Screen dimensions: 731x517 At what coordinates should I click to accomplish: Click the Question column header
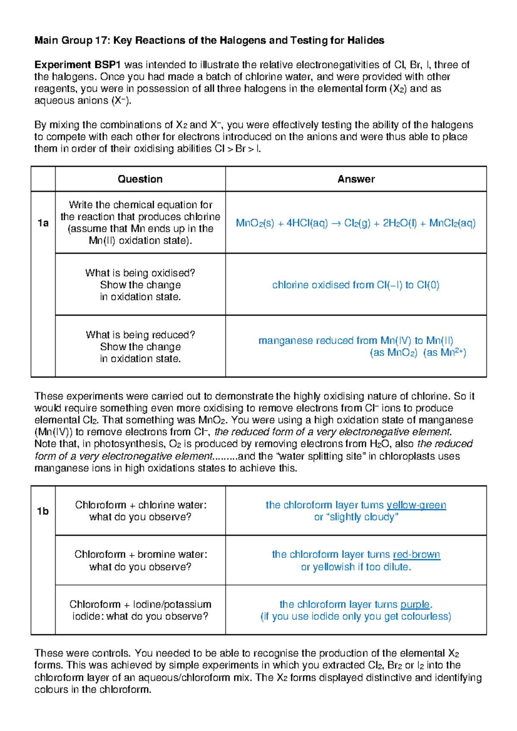click(x=140, y=179)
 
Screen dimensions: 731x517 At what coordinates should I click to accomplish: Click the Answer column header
click(x=356, y=179)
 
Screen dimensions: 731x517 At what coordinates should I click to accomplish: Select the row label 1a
click(x=43, y=223)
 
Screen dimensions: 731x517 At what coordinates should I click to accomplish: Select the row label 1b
click(x=43, y=511)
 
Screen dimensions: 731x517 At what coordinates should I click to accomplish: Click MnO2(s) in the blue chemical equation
click(x=255, y=223)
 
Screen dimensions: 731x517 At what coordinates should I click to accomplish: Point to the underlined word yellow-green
click(x=416, y=505)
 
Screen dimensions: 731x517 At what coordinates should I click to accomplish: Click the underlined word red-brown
click(x=416, y=554)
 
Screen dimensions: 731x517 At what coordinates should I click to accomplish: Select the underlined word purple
click(x=415, y=604)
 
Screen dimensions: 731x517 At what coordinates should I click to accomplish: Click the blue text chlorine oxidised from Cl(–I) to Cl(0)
click(x=355, y=285)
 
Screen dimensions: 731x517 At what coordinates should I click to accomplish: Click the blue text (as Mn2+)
click(x=444, y=353)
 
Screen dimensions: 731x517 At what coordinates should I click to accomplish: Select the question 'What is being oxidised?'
click(x=140, y=273)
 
